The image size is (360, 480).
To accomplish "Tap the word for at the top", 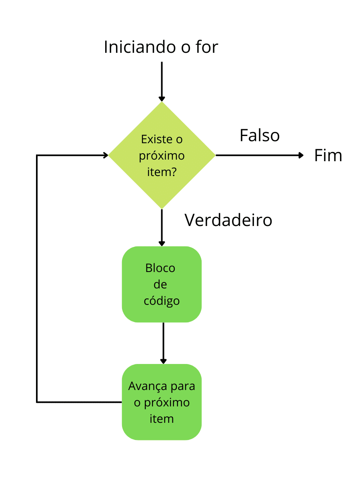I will (x=207, y=47).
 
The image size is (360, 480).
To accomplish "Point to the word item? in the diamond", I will (x=162, y=173).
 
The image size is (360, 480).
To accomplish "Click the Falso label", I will (x=260, y=136).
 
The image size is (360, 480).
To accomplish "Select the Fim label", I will (x=328, y=156).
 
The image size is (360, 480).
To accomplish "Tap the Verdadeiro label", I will (x=228, y=220).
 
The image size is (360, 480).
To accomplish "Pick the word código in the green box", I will (x=162, y=300).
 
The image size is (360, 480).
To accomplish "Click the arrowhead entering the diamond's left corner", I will (x=106, y=155).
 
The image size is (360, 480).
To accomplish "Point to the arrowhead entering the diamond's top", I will (x=162, y=98).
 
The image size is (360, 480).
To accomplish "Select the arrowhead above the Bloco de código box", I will (x=162, y=243).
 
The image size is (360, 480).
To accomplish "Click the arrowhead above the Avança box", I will (x=163, y=361).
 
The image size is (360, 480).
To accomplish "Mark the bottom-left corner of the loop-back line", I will (x=37, y=402).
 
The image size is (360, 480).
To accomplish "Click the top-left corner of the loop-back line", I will (x=37, y=155).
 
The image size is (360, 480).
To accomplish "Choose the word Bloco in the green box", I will (x=160, y=268).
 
